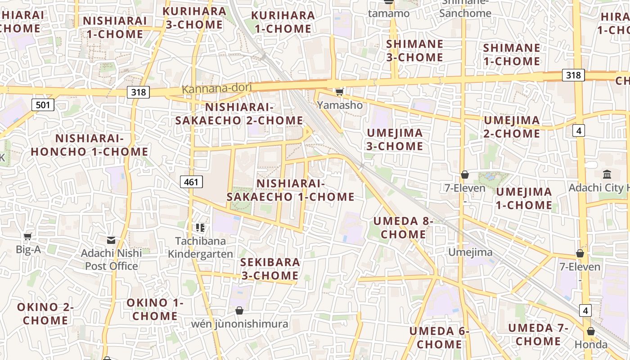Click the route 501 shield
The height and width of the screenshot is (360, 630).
(x=43, y=105)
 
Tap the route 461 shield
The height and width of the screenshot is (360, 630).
(x=191, y=182)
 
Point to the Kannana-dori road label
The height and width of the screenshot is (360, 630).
(x=216, y=88)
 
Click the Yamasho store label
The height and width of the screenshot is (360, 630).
(x=340, y=105)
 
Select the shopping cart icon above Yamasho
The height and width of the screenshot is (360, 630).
(x=339, y=92)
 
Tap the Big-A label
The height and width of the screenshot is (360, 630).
(x=28, y=249)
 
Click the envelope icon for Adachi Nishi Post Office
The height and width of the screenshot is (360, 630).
(x=111, y=240)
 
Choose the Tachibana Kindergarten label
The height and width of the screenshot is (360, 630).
(x=200, y=247)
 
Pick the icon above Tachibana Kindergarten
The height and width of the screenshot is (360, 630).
(x=200, y=228)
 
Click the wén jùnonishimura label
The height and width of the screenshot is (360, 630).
(x=239, y=324)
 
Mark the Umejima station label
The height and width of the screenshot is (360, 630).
(x=470, y=252)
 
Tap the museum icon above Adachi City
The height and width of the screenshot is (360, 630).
(x=607, y=174)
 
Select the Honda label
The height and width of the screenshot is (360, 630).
(x=591, y=345)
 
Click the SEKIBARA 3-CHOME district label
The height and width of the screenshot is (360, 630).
(x=270, y=269)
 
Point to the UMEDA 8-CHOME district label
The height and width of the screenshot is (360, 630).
(x=403, y=228)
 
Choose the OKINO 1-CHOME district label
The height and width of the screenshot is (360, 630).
(x=155, y=309)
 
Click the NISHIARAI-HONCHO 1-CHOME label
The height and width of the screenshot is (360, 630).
(x=89, y=145)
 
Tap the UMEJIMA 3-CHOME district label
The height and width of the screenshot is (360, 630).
(x=395, y=139)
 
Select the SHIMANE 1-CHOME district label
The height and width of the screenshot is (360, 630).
(x=511, y=54)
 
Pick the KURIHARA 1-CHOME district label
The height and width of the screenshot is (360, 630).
(x=283, y=22)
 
